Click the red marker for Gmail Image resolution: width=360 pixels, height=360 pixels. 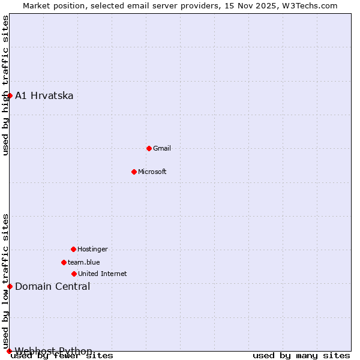click(x=149, y=148)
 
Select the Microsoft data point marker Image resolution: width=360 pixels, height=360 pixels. click(x=134, y=172)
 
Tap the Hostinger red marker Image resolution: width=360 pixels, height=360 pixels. click(x=73, y=249)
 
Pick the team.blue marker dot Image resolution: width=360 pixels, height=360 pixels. click(x=64, y=262)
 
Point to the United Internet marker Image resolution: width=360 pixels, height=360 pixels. click(x=74, y=274)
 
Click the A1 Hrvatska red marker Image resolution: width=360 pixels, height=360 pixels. click(x=10, y=95)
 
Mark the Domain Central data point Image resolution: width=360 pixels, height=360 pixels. click(x=10, y=286)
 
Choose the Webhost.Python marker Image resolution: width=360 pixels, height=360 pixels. click(x=10, y=351)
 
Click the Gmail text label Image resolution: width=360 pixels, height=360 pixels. click(x=162, y=148)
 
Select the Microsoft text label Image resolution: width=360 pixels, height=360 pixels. click(x=152, y=172)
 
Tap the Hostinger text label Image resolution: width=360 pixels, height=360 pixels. click(x=92, y=249)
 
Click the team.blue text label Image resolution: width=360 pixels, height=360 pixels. click(x=84, y=262)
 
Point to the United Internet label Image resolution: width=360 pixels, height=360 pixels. click(x=103, y=274)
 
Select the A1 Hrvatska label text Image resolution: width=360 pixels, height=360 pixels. click(x=44, y=95)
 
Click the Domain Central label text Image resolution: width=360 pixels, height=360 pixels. click(x=53, y=286)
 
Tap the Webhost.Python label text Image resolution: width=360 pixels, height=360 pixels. click(x=54, y=351)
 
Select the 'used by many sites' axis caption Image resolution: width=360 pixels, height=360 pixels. click(x=301, y=356)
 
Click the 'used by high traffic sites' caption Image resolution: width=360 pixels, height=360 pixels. click(x=5, y=85)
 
